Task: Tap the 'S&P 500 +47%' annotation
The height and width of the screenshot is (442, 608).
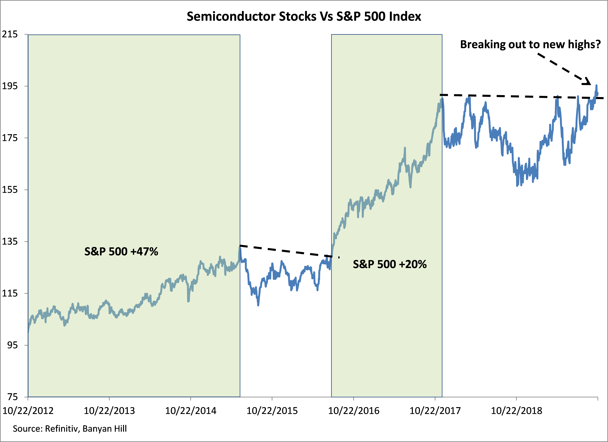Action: [121, 252]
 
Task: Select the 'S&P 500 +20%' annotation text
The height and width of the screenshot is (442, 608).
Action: [390, 264]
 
